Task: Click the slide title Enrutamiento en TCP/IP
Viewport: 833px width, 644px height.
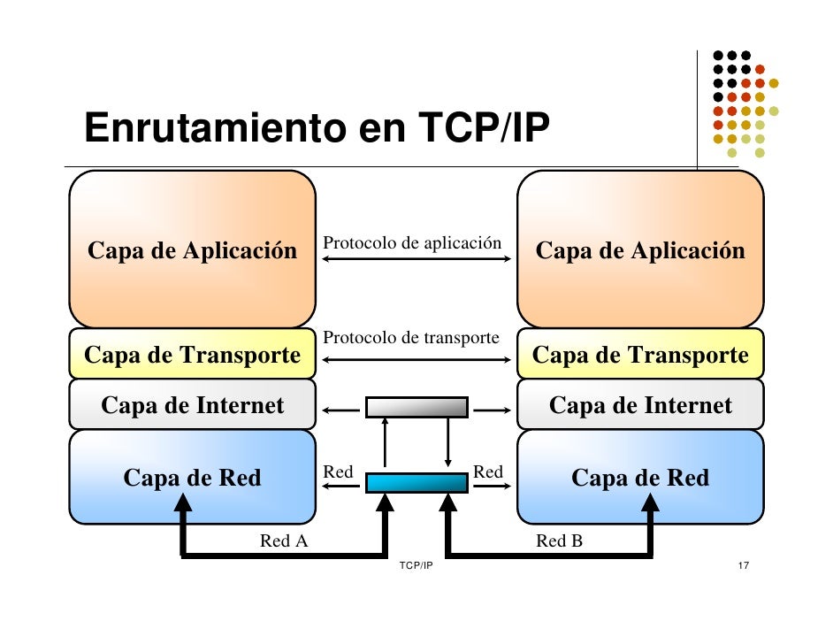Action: point(317,129)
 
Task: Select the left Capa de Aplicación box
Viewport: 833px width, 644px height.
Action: point(192,250)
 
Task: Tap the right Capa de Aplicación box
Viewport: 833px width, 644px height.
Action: point(640,250)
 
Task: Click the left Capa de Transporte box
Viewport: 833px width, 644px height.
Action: point(192,356)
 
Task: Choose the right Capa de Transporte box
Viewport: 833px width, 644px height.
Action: point(640,356)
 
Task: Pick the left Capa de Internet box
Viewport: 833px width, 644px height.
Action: point(192,406)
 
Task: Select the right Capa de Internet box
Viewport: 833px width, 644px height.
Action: point(640,406)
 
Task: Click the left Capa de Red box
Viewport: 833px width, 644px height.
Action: point(192,479)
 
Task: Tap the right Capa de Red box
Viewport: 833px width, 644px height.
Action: point(640,479)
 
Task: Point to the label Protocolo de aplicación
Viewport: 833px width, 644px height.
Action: point(412,242)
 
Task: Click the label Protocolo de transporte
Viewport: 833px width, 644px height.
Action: point(412,338)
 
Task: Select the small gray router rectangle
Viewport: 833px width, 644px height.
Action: point(416,407)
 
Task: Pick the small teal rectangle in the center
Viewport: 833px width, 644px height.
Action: point(416,483)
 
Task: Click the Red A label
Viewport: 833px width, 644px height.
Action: point(284,540)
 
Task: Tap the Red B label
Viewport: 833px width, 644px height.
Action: point(559,540)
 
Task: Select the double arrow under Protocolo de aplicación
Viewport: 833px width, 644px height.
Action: point(416,259)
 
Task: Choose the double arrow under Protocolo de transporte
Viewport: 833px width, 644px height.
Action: point(416,359)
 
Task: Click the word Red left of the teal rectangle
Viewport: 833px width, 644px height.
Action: point(338,472)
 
